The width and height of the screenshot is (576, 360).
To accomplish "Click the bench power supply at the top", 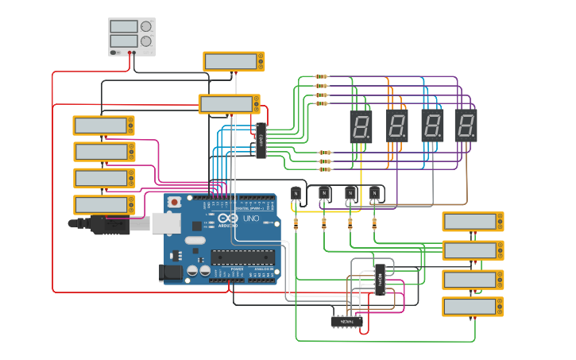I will click(x=132, y=37).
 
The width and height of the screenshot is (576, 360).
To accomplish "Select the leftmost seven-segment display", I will click(x=361, y=126).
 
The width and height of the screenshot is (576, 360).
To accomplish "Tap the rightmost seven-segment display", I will click(x=466, y=126).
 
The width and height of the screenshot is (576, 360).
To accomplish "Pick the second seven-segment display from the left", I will click(x=396, y=126).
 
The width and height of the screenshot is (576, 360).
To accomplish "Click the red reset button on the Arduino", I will click(x=174, y=203).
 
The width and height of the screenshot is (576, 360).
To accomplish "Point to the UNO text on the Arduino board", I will click(x=251, y=218).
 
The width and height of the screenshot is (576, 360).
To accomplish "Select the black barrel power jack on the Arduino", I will click(x=172, y=273).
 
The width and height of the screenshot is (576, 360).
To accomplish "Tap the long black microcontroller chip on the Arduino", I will click(x=242, y=256).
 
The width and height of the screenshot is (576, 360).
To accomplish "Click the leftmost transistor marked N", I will click(x=296, y=193).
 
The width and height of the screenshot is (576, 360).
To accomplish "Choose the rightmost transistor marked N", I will click(x=374, y=192).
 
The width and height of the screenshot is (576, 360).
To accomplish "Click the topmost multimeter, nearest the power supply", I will click(x=234, y=61).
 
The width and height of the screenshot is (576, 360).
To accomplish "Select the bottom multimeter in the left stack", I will click(x=103, y=205).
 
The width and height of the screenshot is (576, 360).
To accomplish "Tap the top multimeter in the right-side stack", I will click(x=473, y=222).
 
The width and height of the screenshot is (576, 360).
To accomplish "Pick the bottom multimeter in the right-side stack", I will click(x=473, y=307).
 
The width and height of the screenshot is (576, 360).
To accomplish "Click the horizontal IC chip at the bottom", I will click(x=346, y=322).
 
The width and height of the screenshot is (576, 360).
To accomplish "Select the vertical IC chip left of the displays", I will click(x=261, y=140).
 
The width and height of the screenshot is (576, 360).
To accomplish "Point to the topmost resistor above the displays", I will click(x=321, y=77).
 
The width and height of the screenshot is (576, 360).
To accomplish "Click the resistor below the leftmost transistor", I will click(x=296, y=224).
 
